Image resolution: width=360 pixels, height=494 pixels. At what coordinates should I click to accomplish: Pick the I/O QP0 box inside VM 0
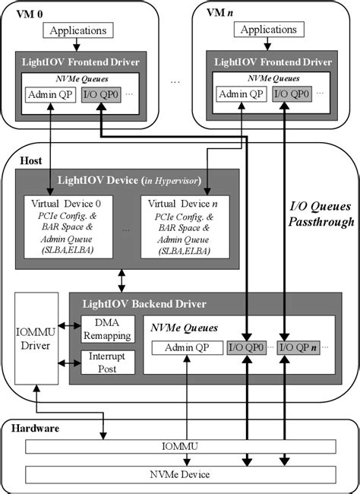point(100,96)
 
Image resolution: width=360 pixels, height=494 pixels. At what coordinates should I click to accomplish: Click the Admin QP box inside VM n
point(242,94)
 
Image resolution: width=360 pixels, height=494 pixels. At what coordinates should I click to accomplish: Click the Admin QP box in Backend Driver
point(186,348)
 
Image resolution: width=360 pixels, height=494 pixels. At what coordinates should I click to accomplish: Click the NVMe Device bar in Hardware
point(179,474)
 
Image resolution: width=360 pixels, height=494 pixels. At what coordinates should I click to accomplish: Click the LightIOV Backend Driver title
point(144,303)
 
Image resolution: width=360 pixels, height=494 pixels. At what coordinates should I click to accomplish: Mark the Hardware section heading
point(34,429)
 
